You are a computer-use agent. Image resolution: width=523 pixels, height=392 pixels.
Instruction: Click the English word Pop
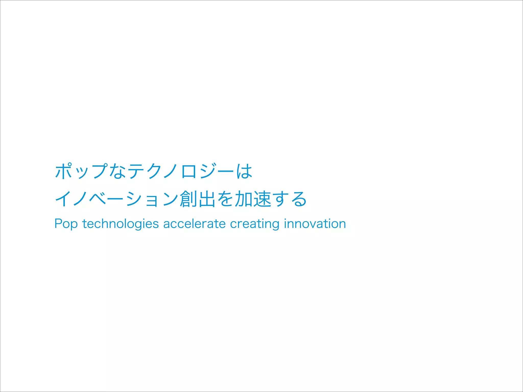click(66, 224)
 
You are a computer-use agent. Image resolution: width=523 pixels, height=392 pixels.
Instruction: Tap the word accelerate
click(194, 224)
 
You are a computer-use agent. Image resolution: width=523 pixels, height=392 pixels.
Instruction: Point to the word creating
click(255, 224)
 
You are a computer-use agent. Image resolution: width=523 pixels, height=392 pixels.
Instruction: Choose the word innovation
click(315, 224)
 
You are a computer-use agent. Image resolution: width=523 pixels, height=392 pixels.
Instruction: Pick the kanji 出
click(207, 199)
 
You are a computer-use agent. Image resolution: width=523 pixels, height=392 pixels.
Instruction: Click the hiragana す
click(280, 199)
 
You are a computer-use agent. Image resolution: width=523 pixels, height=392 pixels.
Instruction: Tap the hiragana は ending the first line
click(244, 171)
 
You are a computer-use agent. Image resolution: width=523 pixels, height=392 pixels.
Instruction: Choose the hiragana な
click(117, 171)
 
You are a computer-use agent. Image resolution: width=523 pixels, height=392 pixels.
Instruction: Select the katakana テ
click(135, 171)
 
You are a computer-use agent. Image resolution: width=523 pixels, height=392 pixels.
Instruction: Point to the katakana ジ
click(208, 171)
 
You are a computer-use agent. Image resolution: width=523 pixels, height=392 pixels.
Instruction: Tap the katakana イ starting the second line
click(63, 199)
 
